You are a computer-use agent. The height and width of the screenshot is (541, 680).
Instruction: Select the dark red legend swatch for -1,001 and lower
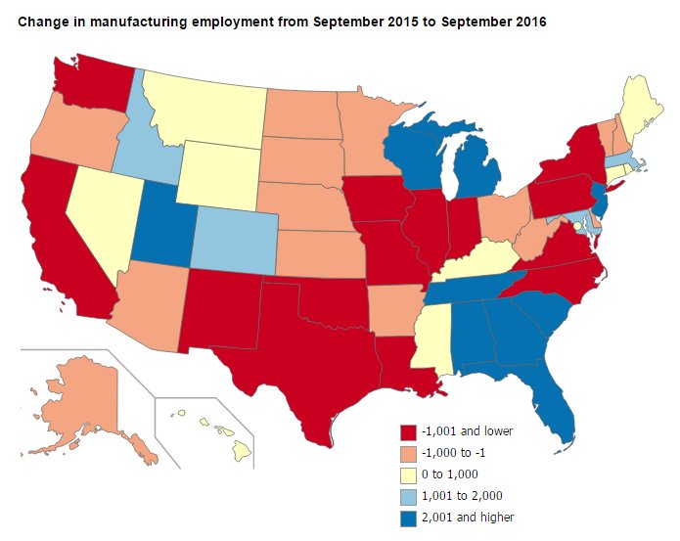tap(409, 431)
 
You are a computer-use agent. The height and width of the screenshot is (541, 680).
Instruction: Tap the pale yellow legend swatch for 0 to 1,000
tap(409, 474)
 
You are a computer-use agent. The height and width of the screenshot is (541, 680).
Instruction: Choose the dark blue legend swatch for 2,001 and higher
tap(409, 518)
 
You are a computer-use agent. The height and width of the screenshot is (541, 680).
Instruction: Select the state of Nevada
tap(93, 210)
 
